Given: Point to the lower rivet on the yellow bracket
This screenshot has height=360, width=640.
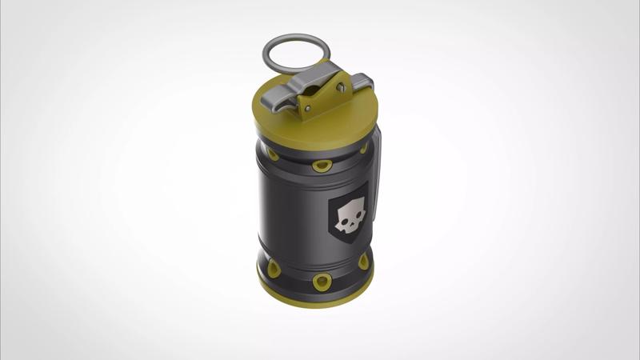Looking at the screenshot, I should click(x=308, y=106).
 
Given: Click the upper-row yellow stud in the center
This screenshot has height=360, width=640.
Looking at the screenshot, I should click(x=322, y=166).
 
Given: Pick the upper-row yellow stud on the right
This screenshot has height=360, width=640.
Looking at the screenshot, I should click(x=364, y=149).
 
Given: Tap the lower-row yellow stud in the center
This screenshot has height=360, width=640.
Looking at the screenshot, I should click(x=322, y=281).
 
